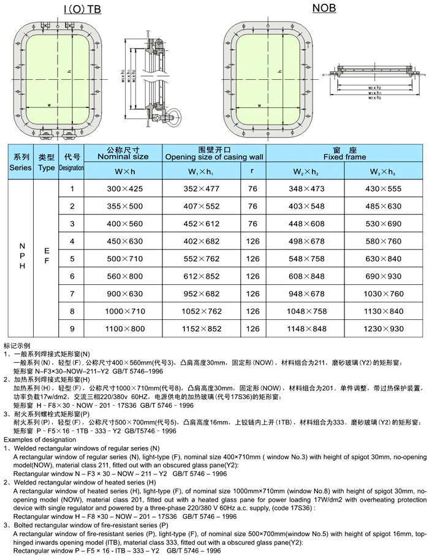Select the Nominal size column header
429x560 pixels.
pos(123,154)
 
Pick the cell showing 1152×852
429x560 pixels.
pos(202,329)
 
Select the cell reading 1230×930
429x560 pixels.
pos(383,329)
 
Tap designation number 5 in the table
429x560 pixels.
pos(72,259)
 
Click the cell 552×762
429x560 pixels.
pos(202,259)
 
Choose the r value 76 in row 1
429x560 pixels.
pos(252,189)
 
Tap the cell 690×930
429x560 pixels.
pos(383,276)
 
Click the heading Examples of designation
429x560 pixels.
pos(40,440)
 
